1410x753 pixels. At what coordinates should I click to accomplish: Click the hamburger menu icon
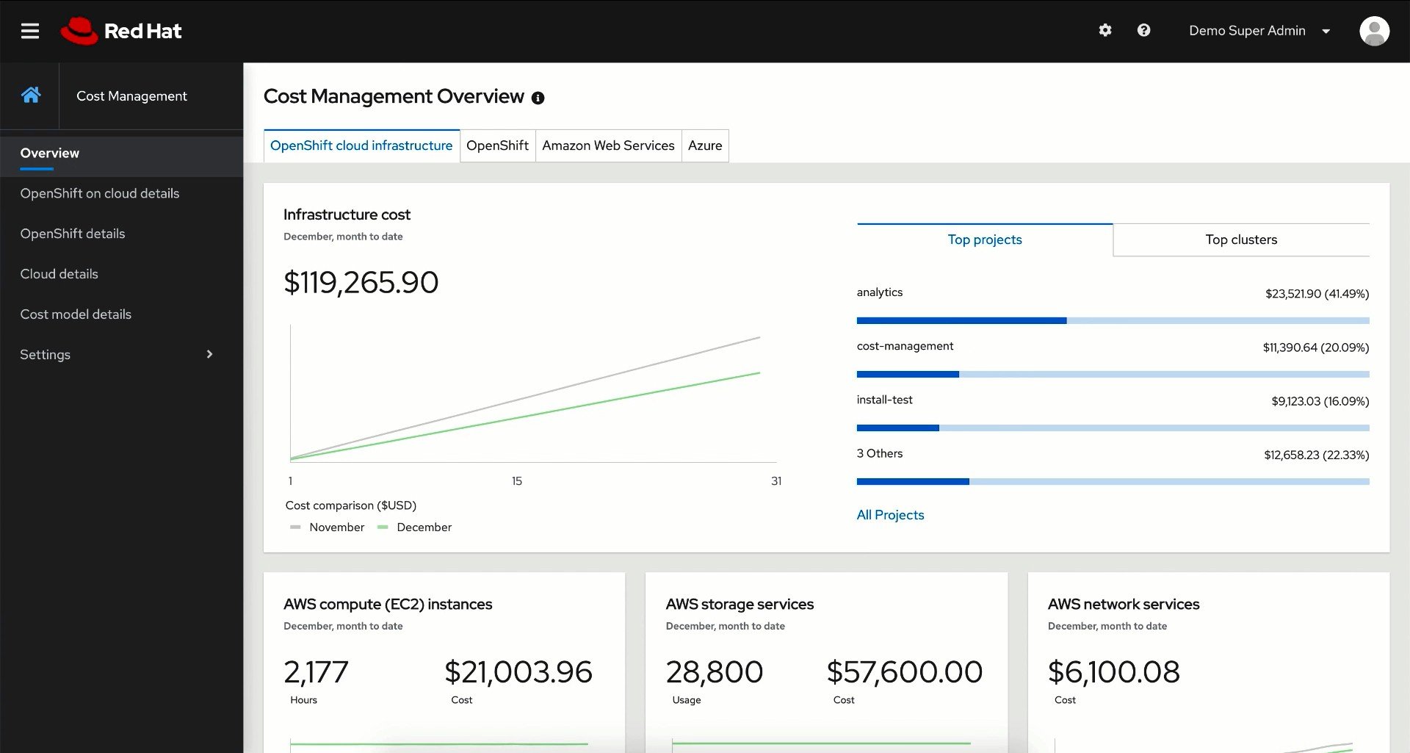30,31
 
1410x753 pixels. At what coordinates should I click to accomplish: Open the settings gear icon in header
1105,30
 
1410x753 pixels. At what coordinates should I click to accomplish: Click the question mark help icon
1143,30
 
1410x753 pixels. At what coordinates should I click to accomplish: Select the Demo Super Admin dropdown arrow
1326,31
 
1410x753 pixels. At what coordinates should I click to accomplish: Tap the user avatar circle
1374,31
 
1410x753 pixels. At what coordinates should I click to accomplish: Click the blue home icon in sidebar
31,95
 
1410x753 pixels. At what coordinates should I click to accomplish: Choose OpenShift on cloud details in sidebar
100,193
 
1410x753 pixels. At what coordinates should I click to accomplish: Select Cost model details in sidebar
76,314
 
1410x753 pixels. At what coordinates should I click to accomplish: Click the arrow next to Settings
209,354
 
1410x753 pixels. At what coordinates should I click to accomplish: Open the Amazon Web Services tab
608,145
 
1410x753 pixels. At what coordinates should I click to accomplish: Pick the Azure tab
705,145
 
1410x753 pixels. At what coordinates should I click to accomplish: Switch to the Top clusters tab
1241,239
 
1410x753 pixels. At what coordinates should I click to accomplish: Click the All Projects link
890,515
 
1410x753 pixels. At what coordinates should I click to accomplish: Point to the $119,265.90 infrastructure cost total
361,283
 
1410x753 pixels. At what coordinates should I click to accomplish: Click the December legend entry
423,527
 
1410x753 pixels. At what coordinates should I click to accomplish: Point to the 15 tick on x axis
517,481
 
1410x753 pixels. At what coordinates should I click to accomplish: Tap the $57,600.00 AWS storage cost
904,672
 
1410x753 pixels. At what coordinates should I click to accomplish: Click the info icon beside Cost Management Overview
538,98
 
